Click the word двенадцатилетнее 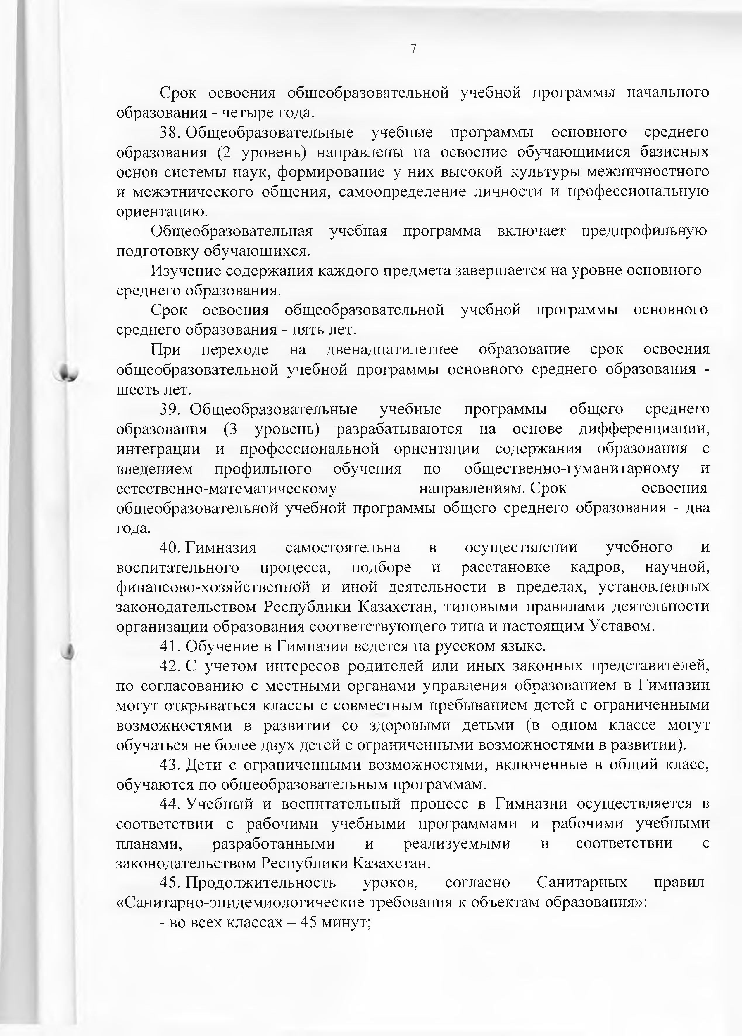(392, 350)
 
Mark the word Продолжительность (261, 883)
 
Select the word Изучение (186, 271)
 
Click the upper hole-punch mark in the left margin (67, 372)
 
